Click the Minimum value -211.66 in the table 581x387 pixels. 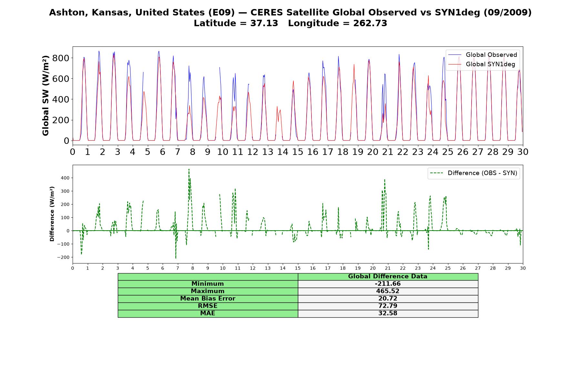coord(388,284)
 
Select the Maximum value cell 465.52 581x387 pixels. coord(388,291)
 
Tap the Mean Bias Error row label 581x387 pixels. coord(208,299)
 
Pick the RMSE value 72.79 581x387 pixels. coord(388,306)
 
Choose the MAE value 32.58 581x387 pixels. coord(388,313)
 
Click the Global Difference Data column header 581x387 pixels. coord(388,276)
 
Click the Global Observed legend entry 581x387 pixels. coord(483,55)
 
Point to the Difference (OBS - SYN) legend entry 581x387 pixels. coord(474,173)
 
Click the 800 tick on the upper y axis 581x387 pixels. coord(62,58)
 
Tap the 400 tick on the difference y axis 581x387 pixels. coord(65,178)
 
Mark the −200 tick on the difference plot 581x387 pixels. coord(63,257)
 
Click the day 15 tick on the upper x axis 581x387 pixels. coord(298,152)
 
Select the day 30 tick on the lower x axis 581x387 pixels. coord(523,268)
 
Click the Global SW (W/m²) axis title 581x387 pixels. coord(46,95)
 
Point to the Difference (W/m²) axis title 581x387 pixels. coord(52,214)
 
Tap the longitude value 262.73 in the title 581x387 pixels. coord(370,23)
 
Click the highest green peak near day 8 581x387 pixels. coord(189,169)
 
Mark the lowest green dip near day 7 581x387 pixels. coord(176,258)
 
